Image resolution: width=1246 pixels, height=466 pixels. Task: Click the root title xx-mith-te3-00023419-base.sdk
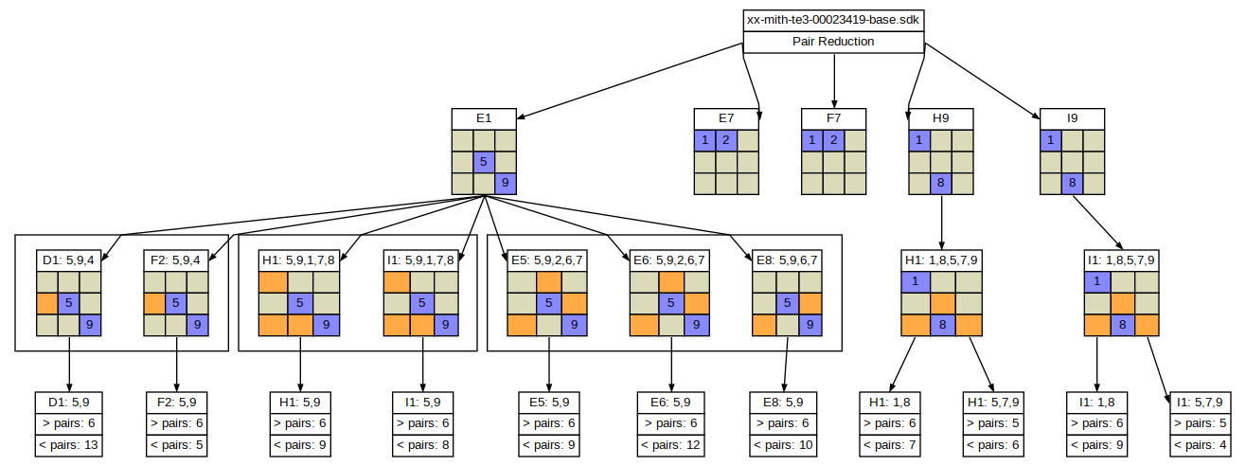point(833,20)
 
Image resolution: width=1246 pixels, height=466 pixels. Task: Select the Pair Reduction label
point(833,42)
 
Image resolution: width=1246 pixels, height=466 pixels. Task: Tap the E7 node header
point(726,118)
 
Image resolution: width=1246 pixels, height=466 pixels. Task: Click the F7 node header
point(833,118)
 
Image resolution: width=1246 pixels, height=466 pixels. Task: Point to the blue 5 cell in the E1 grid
point(484,161)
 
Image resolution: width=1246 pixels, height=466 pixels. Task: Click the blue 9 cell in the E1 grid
point(505,183)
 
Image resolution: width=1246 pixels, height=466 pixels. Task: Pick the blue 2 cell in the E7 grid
point(726,140)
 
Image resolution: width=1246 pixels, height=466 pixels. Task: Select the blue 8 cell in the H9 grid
point(940,183)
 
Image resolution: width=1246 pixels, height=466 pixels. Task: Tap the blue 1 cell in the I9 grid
point(1051,140)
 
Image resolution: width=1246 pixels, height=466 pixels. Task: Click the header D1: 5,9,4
point(68,260)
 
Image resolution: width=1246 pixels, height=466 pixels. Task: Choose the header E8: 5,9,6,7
point(787,260)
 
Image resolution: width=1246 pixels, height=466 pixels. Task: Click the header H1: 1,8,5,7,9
point(941,260)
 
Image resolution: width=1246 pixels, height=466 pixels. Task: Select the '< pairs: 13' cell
point(68,445)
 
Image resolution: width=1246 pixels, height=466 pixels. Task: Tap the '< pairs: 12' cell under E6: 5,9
point(671,445)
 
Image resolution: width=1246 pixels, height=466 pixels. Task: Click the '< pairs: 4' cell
point(1200,445)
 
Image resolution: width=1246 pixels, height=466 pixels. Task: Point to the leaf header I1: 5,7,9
point(1200,403)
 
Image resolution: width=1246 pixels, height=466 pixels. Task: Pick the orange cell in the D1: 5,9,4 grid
point(47,303)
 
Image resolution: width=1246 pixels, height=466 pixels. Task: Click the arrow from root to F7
point(834,81)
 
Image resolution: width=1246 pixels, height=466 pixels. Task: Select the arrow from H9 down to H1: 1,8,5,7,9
point(942,223)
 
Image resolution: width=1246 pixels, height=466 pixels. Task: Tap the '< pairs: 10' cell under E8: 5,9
point(783,445)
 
